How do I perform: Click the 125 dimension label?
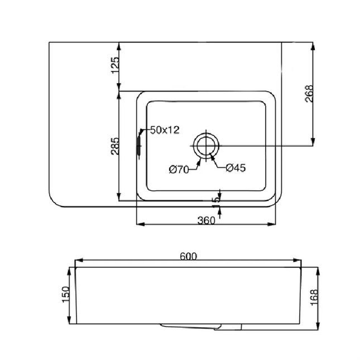pos(114,65)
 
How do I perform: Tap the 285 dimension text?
pos(114,146)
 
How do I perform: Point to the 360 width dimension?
pos(206,220)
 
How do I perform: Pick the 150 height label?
pos(65,294)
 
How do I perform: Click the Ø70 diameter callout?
pos(179,169)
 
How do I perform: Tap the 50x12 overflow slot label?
pos(164,130)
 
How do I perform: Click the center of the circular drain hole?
pos(206,145)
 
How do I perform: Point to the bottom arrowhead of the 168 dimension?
pos(318,327)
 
